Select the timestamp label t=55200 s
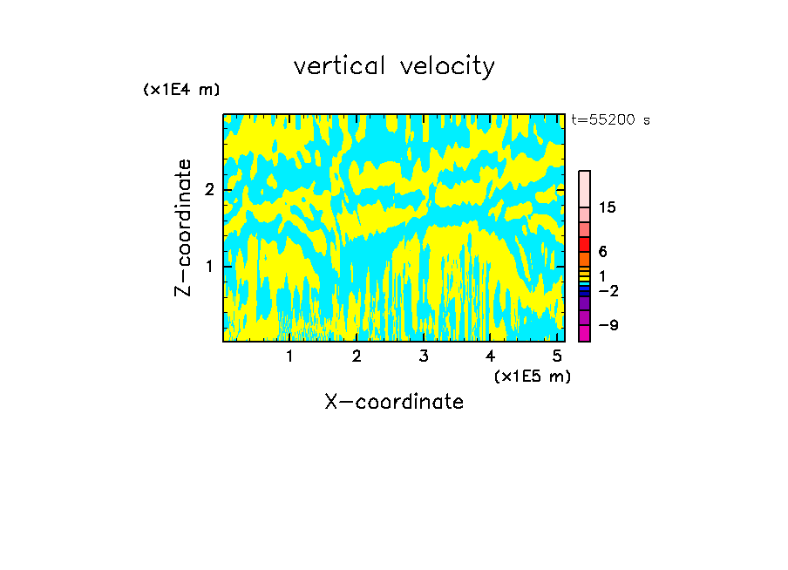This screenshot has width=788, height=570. point(610,120)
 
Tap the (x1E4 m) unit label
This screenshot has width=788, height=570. point(181,90)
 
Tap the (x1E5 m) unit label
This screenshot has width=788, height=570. point(532,376)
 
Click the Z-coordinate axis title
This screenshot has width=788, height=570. point(183,227)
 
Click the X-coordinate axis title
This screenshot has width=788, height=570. point(394,402)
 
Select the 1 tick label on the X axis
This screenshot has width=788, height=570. point(289,356)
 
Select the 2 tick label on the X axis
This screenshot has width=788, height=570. point(357,356)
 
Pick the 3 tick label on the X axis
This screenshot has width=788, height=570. point(423,356)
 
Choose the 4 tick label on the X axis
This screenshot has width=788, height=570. point(490,356)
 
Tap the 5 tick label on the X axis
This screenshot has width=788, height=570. point(556,356)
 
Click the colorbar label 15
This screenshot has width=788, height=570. point(608,207)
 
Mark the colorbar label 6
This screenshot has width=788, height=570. point(602,252)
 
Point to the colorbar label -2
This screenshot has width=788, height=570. point(608,291)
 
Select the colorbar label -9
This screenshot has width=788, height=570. point(608,326)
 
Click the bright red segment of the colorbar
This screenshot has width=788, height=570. point(584,244)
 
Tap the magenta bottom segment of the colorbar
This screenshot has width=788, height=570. point(584,333)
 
